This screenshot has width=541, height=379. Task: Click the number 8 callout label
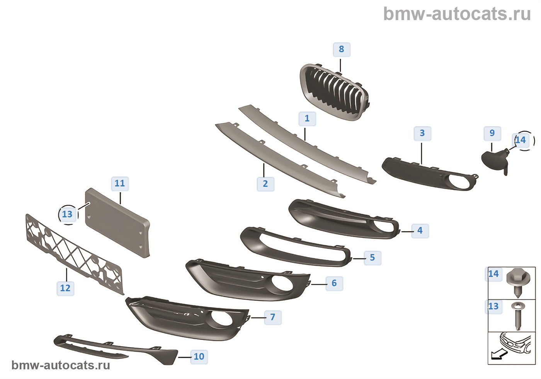coord(342,50)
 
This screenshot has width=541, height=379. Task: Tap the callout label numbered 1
coord(307,118)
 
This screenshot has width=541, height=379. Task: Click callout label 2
coord(265,184)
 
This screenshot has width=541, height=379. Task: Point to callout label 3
coord(422,133)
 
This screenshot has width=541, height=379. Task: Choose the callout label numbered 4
coord(420,230)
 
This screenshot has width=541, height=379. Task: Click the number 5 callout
coord(373,258)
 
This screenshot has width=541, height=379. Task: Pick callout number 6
coord(334,283)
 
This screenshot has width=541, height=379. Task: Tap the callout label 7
coord(273,317)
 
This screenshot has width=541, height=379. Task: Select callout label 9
coord(492,133)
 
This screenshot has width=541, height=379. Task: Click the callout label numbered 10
coord(199,357)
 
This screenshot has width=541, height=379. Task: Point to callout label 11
coord(120,183)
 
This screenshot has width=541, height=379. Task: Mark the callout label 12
coord(65,288)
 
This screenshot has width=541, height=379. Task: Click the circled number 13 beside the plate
coord(68,214)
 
